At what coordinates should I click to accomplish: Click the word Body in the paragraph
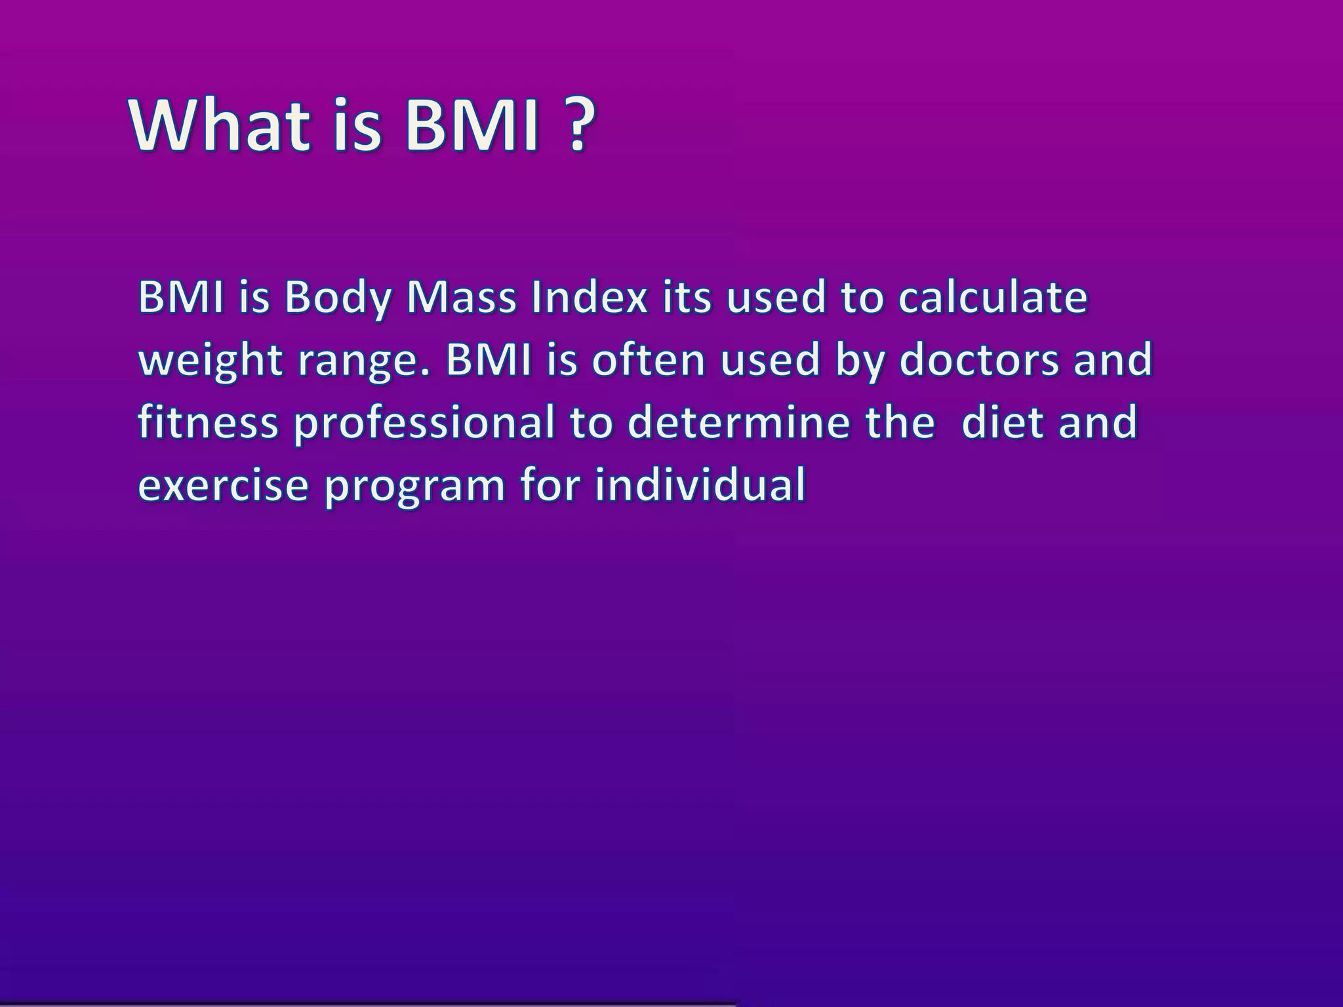point(338,298)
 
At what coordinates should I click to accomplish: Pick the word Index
point(590,298)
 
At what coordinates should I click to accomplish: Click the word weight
point(211,362)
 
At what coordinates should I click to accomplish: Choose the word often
point(648,361)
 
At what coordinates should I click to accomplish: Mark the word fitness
point(208,423)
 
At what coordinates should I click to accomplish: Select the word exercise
point(223,486)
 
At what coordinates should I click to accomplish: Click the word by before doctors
point(860,362)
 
